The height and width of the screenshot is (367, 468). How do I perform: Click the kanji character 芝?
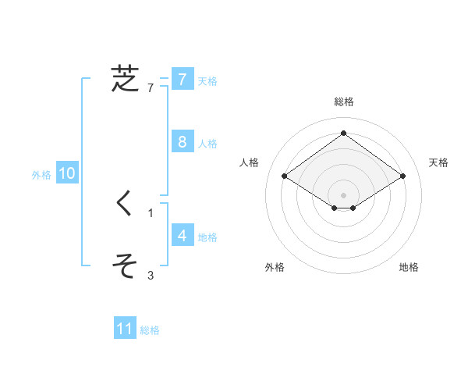[x=125, y=79]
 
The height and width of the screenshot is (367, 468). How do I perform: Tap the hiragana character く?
[x=125, y=203]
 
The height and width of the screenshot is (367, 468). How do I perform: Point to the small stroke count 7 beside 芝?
[x=151, y=87]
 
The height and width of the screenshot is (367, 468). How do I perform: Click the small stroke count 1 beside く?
[x=151, y=212]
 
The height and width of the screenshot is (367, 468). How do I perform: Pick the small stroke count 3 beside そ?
[x=151, y=275]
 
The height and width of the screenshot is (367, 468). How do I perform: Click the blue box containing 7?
[x=182, y=79]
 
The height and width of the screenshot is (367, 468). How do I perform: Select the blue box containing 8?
[x=182, y=141]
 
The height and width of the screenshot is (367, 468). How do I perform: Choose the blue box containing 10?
[x=67, y=173]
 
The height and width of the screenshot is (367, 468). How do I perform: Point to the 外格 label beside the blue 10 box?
[x=41, y=175]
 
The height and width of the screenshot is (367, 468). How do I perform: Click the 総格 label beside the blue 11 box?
[x=150, y=330]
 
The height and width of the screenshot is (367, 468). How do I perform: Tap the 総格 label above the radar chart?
[x=344, y=102]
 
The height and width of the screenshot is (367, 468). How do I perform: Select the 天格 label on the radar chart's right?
[x=438, y=162]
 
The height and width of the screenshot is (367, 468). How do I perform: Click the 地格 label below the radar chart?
[x=409, y=267]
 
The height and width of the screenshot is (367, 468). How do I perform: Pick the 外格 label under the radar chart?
[x=275, y=267]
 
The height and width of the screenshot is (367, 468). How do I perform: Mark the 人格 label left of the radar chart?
[x=250, y=162]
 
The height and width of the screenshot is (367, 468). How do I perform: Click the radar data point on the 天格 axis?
[x=402, y=176]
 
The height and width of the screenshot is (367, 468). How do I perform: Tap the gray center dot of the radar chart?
[x=344, y=195]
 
